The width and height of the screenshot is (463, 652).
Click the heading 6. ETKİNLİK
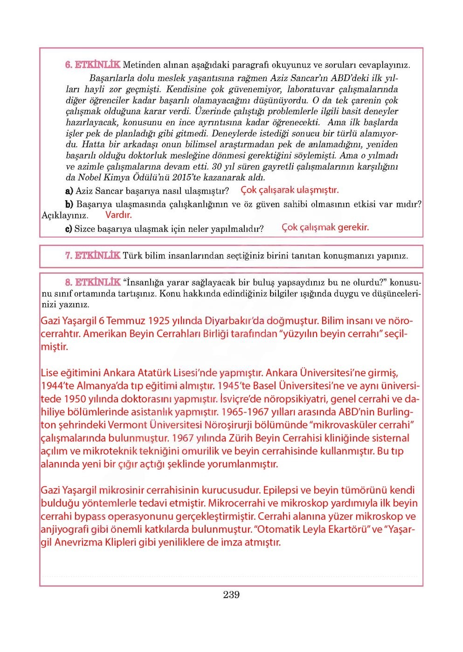tap(92, 65)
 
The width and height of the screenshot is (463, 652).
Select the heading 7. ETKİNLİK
tap(92, 256)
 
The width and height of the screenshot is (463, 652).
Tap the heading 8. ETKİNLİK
tap(92, 283)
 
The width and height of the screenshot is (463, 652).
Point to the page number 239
tap(231, 595)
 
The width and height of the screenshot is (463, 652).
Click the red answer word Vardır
tap(118, 215)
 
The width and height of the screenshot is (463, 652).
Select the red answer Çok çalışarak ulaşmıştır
tap(290, 190)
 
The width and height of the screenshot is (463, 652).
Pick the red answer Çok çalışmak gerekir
tap(325, 227)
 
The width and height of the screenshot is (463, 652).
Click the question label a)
tap(69, 191)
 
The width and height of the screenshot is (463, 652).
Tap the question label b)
tap(69, 204)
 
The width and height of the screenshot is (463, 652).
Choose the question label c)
tap(69, 229)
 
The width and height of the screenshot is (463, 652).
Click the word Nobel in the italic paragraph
tap(89, 177)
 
